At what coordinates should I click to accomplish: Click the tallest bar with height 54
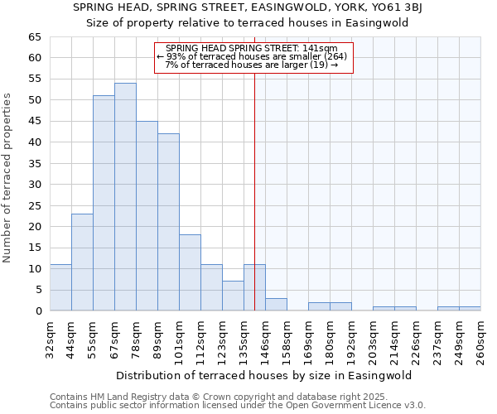[125, 197]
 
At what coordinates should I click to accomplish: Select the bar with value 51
[104, 204]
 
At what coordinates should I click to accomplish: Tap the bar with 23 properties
[82, 262]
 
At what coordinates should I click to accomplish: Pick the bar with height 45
[147, 216]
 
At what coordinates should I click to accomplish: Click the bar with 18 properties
[190, 272]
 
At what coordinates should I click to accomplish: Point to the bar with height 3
[276, 305]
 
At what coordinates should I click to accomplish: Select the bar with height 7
[233, 296]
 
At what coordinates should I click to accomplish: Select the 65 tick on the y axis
[35, 37]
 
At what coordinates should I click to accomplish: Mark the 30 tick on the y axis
[35, 185]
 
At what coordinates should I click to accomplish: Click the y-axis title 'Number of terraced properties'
[7, 178]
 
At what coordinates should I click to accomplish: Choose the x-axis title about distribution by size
[265, 375]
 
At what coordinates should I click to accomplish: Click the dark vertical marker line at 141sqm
[254, 190]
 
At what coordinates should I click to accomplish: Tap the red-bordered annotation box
[253, 57]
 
